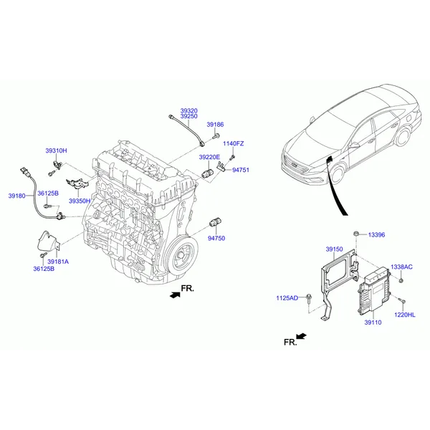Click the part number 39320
click(x=188, y=111)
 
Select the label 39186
click(x=215, y=125)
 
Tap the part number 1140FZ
click(x=233, y=143)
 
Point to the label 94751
click(x=241, y=170)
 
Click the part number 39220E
click(x=209, y=157)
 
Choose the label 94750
click(x=216, y=239)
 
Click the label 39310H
click(x=56, y=150)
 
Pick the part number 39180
click(x=16, y=196)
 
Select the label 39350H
click(x=80, y=201)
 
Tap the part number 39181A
click(x=58, y=262)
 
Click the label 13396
click(x=376, y=235)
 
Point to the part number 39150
click(x=334, y=249)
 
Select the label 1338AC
click(x=401, y=267)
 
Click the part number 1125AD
click(x=287, y=298)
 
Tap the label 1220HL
click(x=404, y=315)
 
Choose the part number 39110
click(x=373, y=322)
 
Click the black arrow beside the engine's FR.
click(x=175, y=295)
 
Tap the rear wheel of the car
click(x=403, y=136)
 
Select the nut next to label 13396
click(x=355, y=234)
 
